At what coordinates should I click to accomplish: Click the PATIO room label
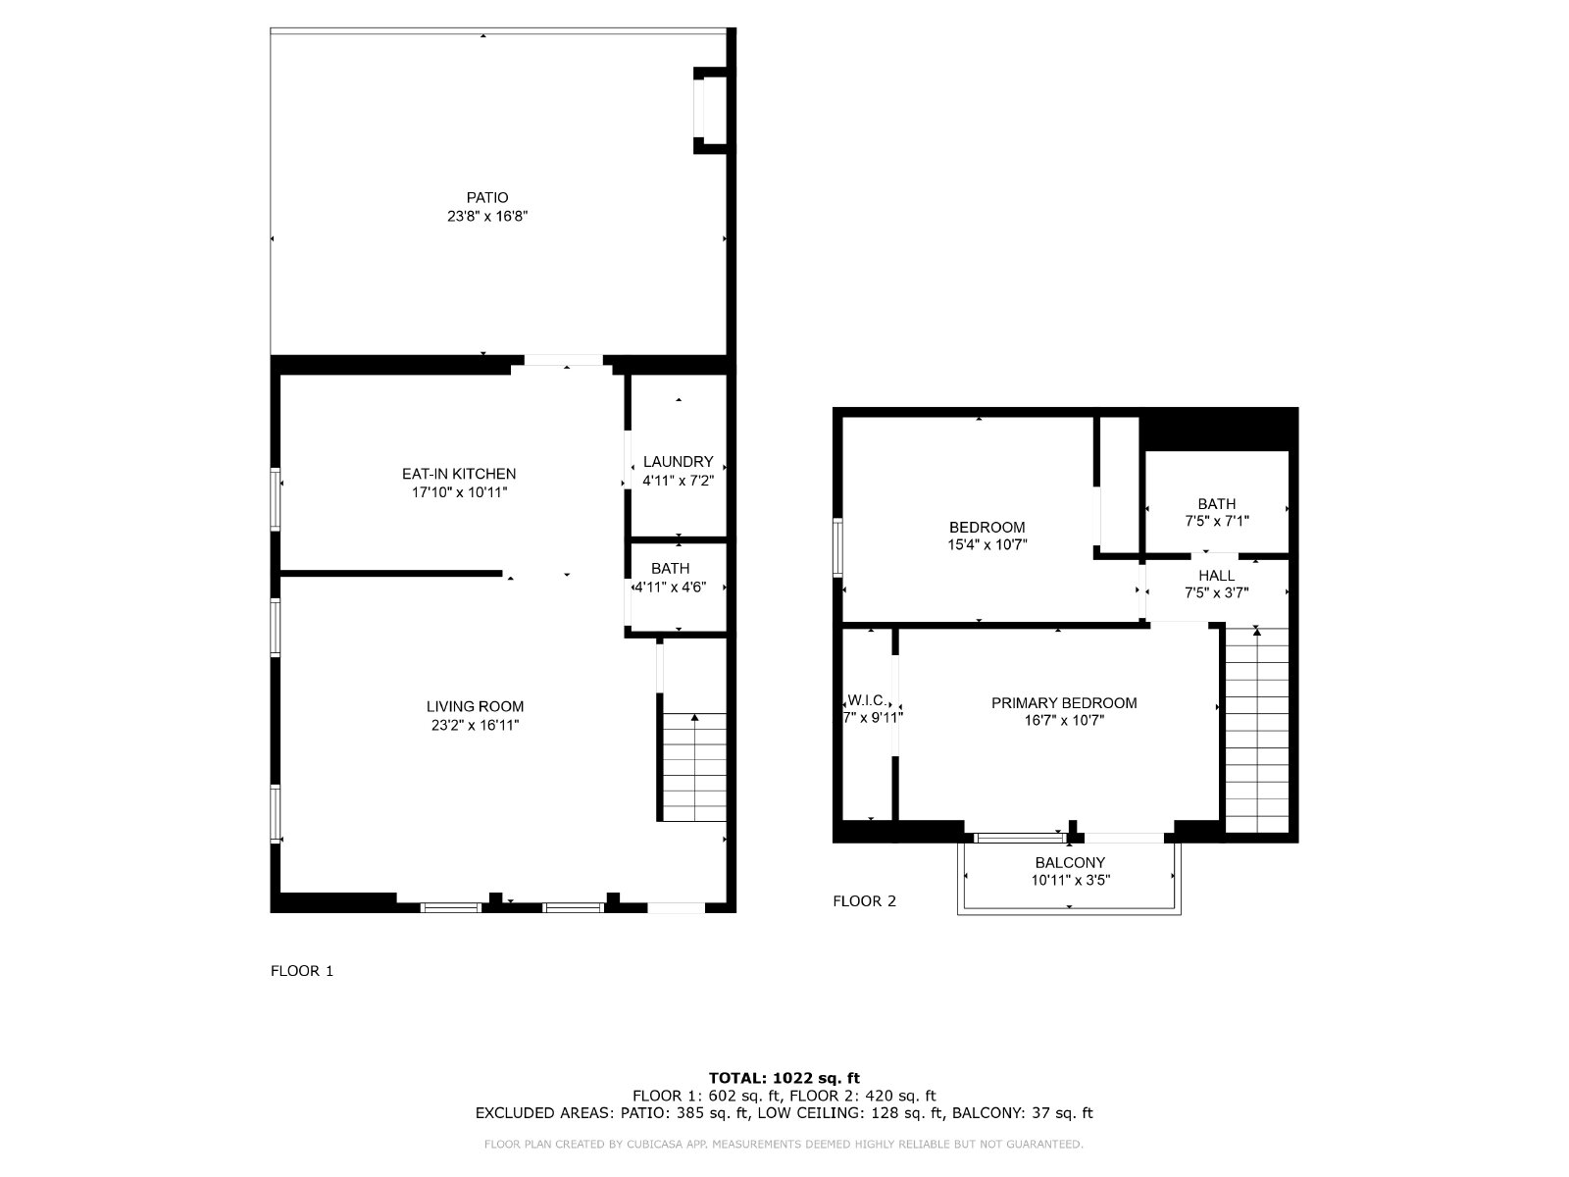486,198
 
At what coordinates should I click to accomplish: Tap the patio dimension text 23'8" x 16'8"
486,216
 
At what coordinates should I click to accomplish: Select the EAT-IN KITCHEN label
459,474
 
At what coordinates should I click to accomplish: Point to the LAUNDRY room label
678,462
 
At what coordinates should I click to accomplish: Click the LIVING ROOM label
476,707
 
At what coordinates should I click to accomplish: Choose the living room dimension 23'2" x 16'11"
476,726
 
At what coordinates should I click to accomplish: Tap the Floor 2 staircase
1257,730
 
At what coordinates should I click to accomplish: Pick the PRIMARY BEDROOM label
1064,703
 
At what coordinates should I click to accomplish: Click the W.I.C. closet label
867,700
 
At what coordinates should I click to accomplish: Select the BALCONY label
1069,862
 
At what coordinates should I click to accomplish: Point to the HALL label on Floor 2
1217,576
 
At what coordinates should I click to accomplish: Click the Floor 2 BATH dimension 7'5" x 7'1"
1217,522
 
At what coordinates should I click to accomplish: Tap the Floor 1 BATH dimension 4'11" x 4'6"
671,588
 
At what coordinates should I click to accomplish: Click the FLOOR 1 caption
302,970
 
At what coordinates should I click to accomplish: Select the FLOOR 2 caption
864,901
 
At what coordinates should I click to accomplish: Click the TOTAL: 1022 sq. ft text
784,1078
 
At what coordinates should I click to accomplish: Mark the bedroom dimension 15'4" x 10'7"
987,545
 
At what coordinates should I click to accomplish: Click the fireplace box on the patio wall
711,111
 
